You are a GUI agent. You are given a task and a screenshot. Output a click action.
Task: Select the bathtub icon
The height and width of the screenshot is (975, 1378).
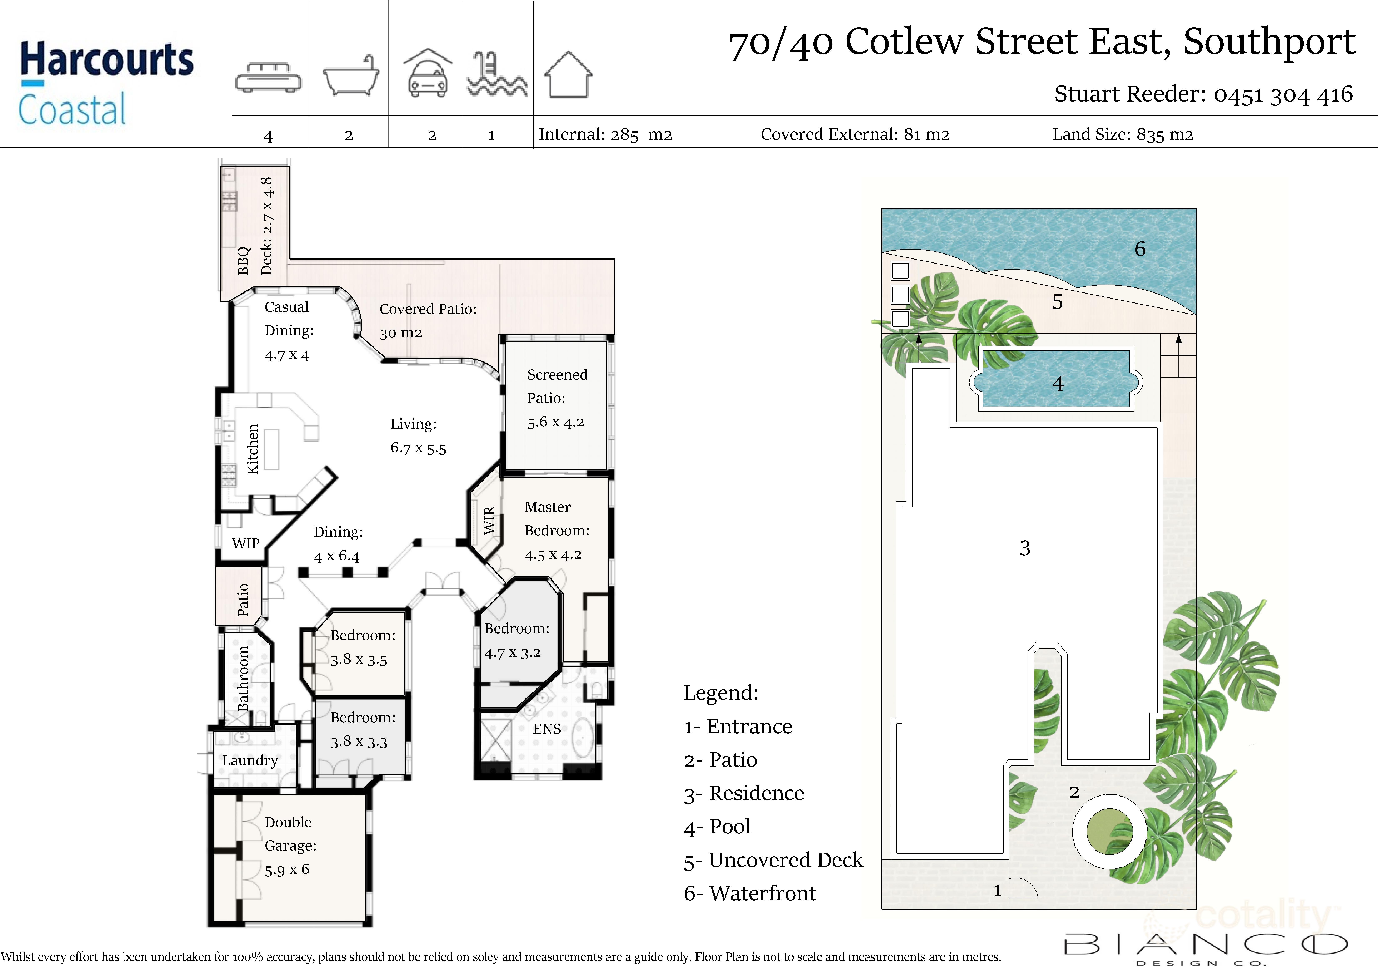[x=351, y=76]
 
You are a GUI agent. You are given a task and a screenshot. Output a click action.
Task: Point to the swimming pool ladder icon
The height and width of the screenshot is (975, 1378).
[x=498, y=74]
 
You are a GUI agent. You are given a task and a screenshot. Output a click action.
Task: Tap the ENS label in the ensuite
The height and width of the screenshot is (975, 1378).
[x=547, y=729]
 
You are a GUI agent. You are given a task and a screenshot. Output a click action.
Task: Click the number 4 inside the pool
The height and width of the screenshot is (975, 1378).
[x=1058, y=384]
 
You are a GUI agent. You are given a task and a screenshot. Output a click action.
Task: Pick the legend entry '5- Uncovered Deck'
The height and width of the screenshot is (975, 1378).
[x=773, y=860]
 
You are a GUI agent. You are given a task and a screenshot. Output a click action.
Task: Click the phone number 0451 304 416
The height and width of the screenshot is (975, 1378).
[x=1283, y=94]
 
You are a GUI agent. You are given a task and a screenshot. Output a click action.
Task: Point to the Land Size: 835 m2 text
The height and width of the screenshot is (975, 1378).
[x=1123, y=134]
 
